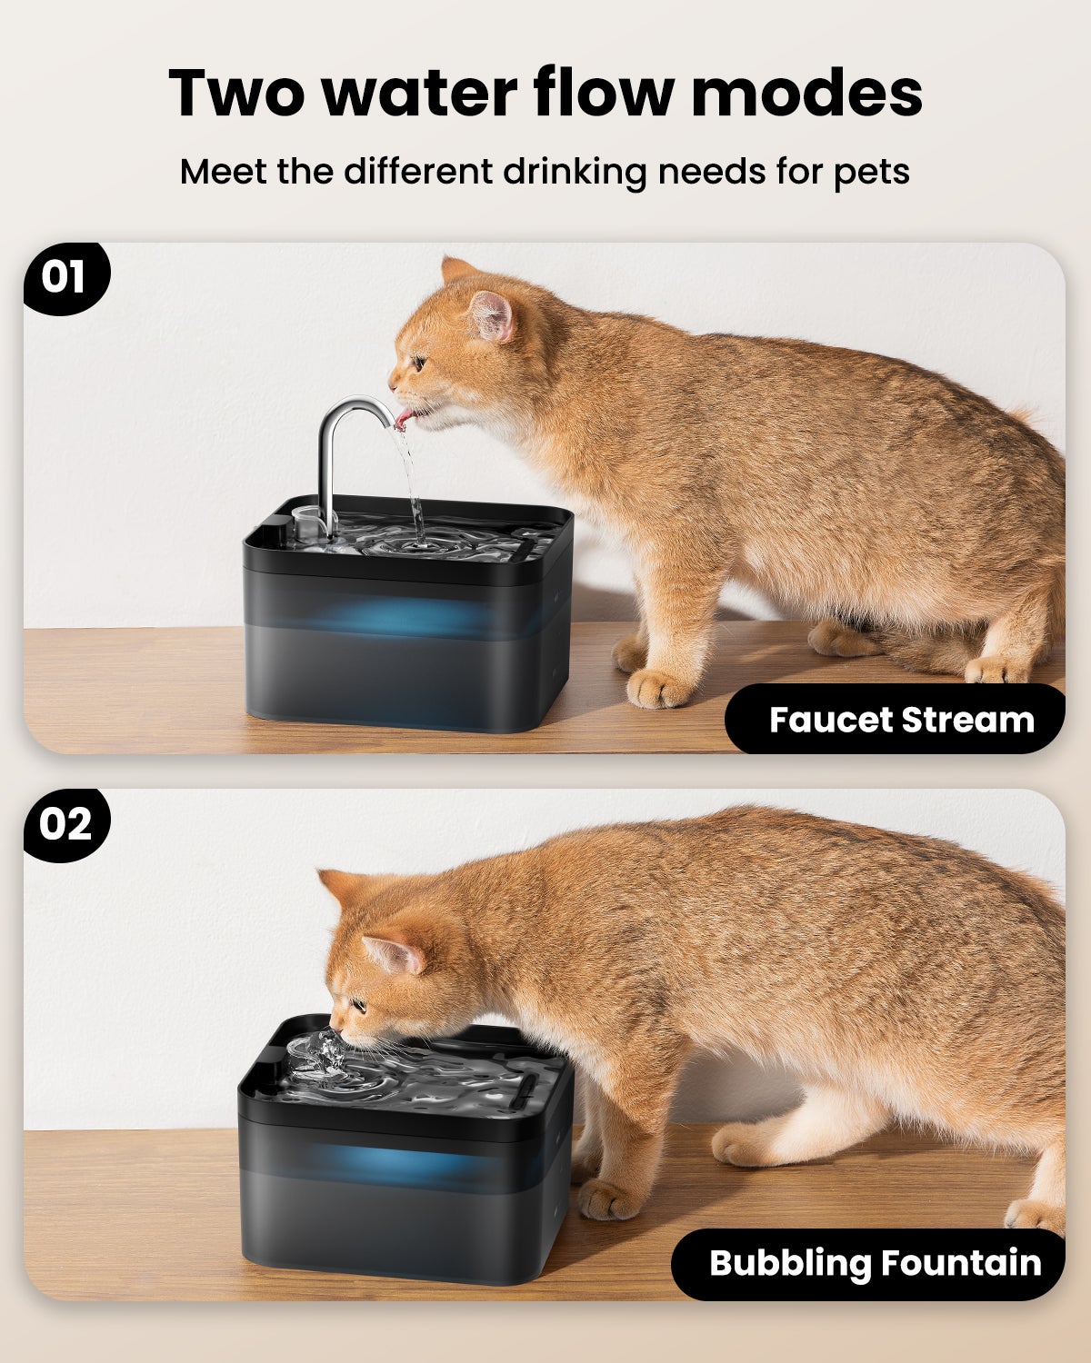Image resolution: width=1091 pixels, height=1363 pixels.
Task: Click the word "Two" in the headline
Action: click(x=238, y=93)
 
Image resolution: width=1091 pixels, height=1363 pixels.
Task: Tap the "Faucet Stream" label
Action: click(x=900, y=720)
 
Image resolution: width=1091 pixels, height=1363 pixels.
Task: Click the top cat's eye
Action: click(x=419, y=363)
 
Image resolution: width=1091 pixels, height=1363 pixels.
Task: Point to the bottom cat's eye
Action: click(x=358, y=1006)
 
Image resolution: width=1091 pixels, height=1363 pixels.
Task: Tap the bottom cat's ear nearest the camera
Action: click(x=393, y=954)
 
